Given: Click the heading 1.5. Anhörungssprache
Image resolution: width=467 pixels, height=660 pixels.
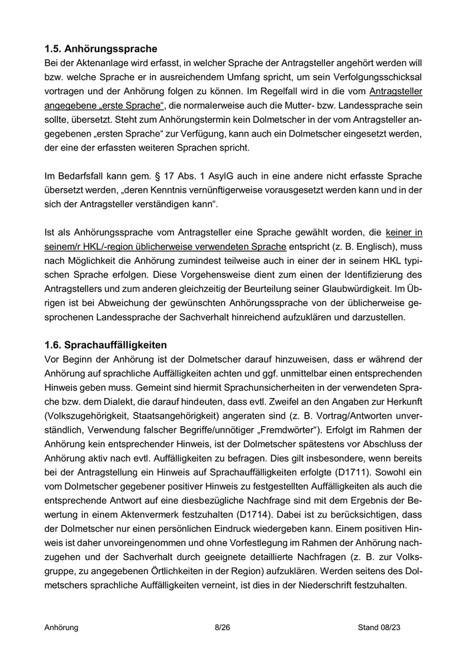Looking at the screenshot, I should pos(101,49).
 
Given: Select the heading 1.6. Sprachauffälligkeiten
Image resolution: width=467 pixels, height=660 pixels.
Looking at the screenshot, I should pos(105,345).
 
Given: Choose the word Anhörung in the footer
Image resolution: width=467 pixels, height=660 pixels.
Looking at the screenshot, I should pos(61,627).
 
